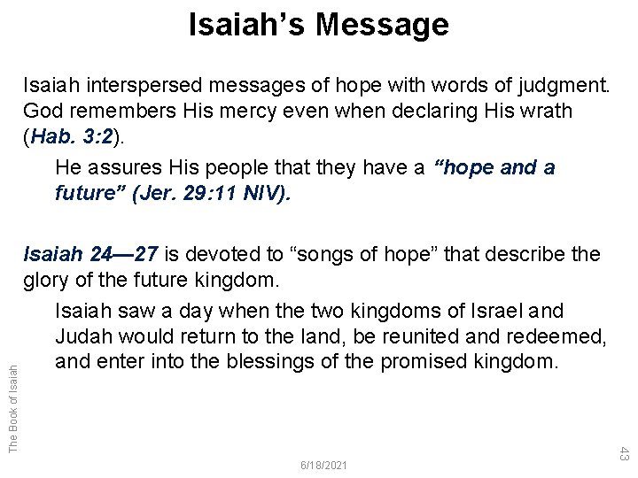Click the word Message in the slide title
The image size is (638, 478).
tap(383, 26)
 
